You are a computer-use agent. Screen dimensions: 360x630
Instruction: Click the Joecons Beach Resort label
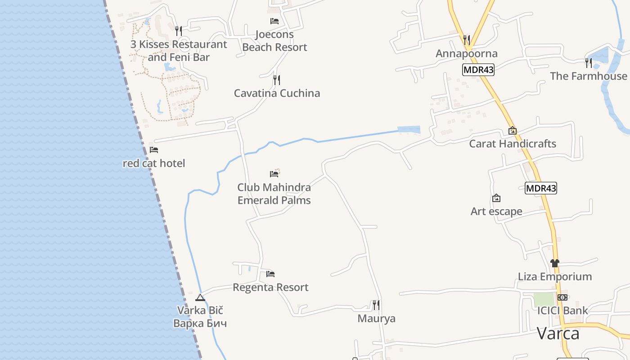pyautogui.click(x=274, y=40)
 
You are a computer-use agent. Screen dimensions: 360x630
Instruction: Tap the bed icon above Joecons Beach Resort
pyautogui.click(x=274, y=21)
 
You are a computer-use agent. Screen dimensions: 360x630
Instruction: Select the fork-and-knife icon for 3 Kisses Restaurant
pyautogui.click(x=179, y=31)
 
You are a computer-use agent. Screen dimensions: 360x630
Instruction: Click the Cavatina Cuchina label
pyautogui.click(x=277, y=93)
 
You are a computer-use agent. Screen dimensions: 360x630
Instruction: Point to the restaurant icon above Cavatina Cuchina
pyautogui.click(x=277, y=80)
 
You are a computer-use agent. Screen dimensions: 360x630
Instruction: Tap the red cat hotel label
pyautogui.click(x=154, y=163)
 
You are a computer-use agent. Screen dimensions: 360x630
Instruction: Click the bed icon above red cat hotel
pyautogui.click(x=154, y=150)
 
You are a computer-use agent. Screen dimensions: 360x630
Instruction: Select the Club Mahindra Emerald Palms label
pyautogui.click(x=274, y=193)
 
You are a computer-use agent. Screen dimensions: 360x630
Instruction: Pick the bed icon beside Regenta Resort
pyautogui.click(x=270, y=274)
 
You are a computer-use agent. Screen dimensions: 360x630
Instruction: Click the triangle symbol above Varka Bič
pyautogui.click(x=200, y=297)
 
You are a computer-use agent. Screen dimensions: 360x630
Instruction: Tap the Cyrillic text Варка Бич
pyautogui.click(x=200, y=323)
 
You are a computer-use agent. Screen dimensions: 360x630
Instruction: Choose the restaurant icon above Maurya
pyautogui.click(x=376, y=305)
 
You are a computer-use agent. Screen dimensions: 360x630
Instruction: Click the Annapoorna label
pyautogui.click(x=467, y=54)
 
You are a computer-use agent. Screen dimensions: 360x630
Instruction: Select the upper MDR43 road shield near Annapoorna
pyautogui.click(x=478, y=70)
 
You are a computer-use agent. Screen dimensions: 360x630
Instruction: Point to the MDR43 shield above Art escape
pyautogui.click(x=541, y=188)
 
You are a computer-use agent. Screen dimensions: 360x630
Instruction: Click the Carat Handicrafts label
pyautogui.click(x=513, y=144)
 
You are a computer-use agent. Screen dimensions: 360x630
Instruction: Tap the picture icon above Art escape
pyautogui.click(x=496, y=198)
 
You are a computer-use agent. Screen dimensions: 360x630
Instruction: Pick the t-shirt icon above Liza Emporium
pyautogui.click(x=554, y=263)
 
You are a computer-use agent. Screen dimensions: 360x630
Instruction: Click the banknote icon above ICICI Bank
pyautogui.click(x=562, y=297)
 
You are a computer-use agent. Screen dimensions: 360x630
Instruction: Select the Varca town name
pyautogui.click(x=558, y=333)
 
